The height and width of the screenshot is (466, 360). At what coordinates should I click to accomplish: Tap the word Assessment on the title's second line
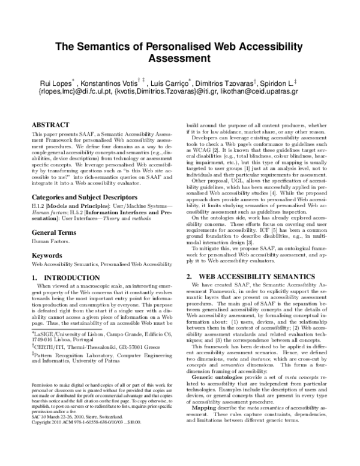point(180,59)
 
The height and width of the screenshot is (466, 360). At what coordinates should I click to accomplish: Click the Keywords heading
point(47,239)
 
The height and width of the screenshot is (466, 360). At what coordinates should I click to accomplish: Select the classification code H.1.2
point(38,189)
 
